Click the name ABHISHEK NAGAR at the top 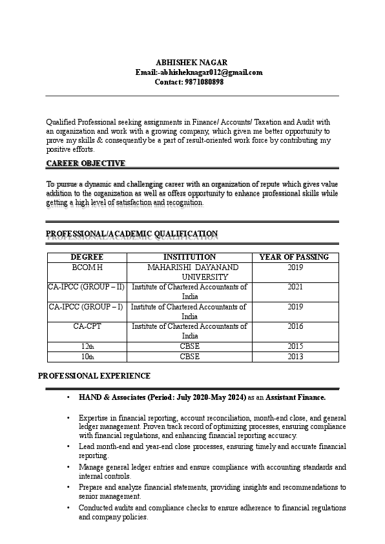point(192,62)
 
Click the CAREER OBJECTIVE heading point(86,163)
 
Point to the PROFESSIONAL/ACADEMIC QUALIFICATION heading point(132,233)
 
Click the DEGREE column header point(87,256)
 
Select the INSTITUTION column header point(189,256)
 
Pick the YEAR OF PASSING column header point(294,256)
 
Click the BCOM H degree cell point(87,267)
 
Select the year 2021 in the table point(295,286)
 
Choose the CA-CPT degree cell point(87,326)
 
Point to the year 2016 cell point(295,326)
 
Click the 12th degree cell point(87,346)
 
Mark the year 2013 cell point(295,356)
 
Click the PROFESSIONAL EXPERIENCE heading point(94,375)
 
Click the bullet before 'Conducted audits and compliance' point(68,508)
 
